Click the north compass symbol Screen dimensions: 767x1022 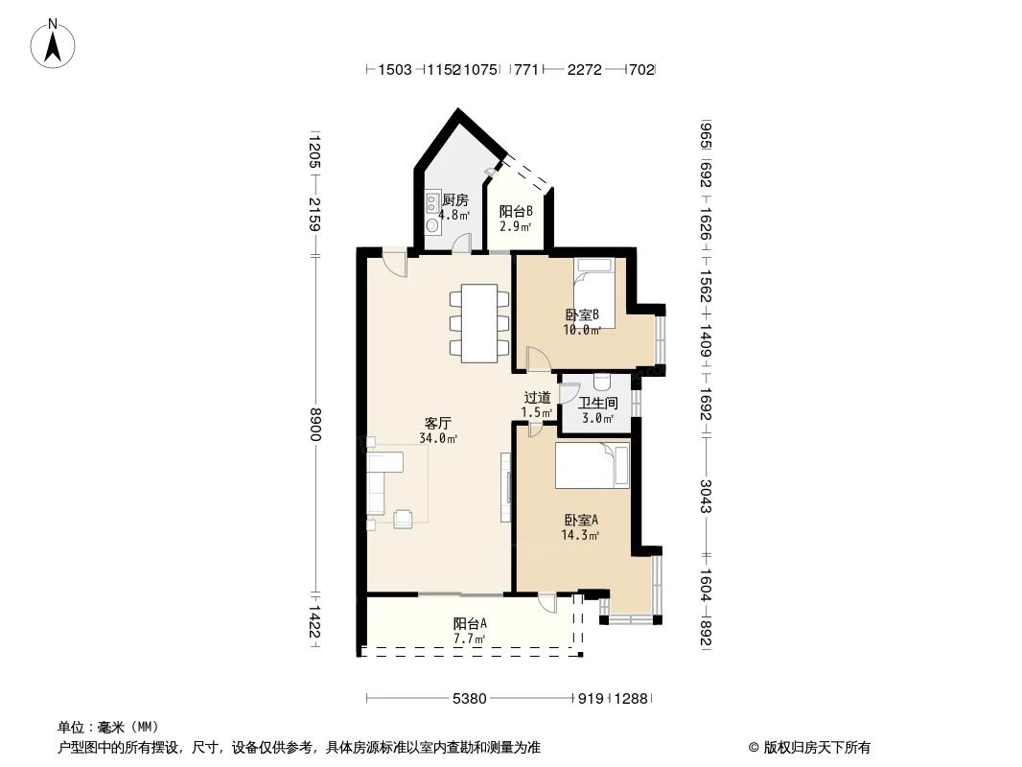coord(55,43)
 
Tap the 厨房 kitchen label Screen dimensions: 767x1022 coord(454,200)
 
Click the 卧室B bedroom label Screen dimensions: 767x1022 coord(582,314)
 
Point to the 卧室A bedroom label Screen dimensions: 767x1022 coord(581,521)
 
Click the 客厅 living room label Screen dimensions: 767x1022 coord(438,423)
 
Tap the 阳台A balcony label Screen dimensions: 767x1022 coord(470,622)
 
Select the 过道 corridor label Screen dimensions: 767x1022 coord(537,398)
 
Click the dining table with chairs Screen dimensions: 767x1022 coord(479,323)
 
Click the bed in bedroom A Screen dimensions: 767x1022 coord(592,466)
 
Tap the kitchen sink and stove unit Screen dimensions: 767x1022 coord(432,213)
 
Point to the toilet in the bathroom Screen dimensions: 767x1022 coord(601,381)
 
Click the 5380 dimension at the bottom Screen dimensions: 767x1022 coord(469,699)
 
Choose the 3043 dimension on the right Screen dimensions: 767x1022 coord(707,495)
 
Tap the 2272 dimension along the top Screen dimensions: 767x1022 coord(584,69)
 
